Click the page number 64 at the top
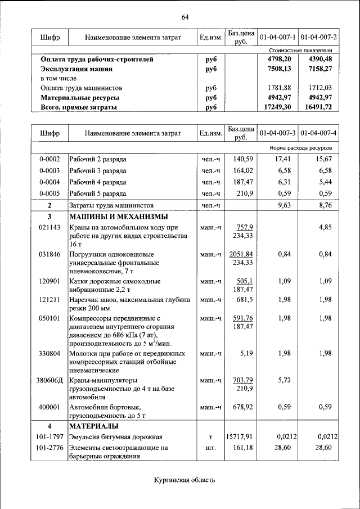coord(184,17)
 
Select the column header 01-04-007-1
coord(278,37)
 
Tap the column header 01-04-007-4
coord(318,133)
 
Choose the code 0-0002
coord(49,159)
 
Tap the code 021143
coord(49,227)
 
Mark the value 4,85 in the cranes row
coord(325,227)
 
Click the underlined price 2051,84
coord(242,254)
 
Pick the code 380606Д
coord(49,380)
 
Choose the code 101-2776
coord(49,448)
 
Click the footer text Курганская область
coord(184,480)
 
